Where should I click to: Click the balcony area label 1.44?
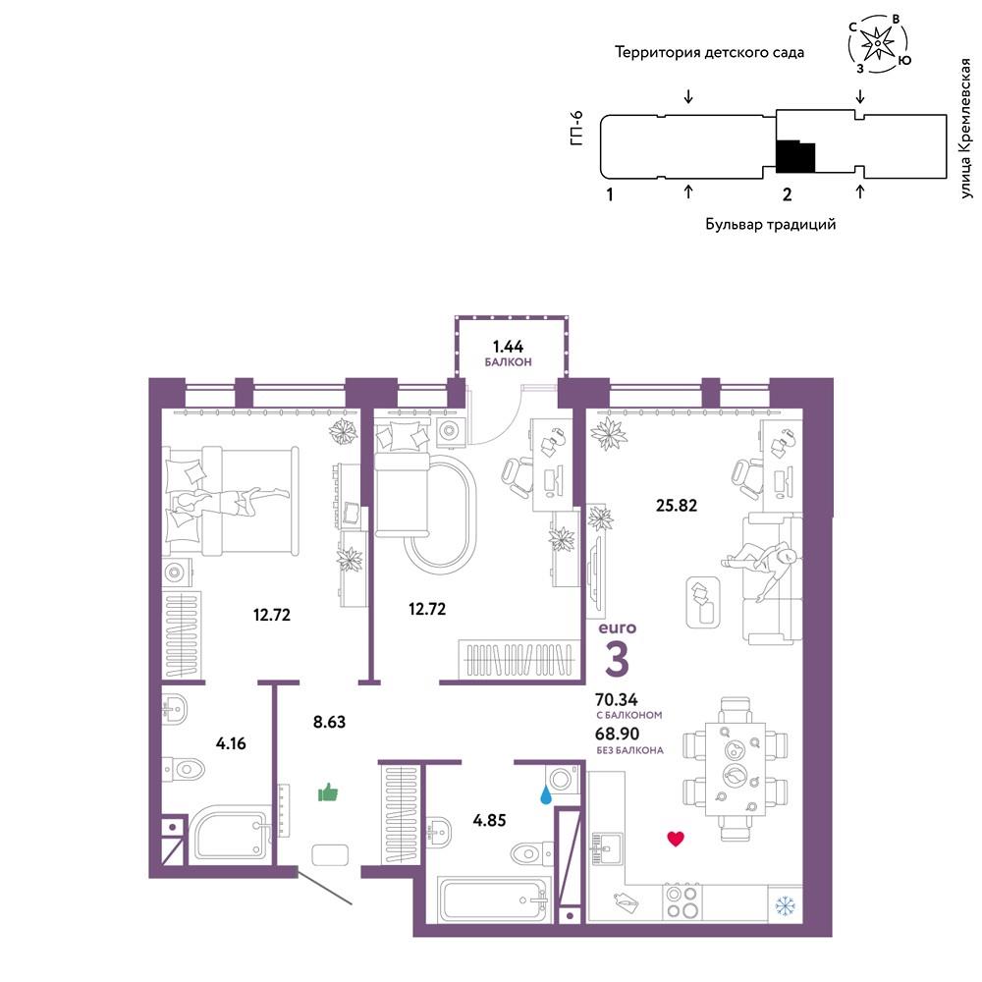tap(508, 347)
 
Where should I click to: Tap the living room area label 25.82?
tap(677, 505)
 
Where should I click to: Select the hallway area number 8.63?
tap(329, 722)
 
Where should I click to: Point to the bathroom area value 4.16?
tap(231, 743)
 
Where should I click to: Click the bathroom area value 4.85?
tap(489, 820)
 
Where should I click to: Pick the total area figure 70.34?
tap(617, 699)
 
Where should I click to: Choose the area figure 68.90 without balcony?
tap(618, 734)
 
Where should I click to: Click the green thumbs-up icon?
tap(328, 792)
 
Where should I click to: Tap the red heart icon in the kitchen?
tap(676, 839)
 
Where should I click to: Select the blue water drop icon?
tap(547, 795)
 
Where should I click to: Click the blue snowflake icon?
tap(785, 905)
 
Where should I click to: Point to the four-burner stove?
tap(682, 901)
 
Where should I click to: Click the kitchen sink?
tap(607, 848)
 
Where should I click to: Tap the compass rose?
tap(878, 42)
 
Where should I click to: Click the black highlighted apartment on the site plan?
tap(795, 156)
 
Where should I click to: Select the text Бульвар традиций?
tap(770, 224)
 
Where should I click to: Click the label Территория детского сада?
tap(709, 53)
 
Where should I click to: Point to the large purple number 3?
tap(618, 658)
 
